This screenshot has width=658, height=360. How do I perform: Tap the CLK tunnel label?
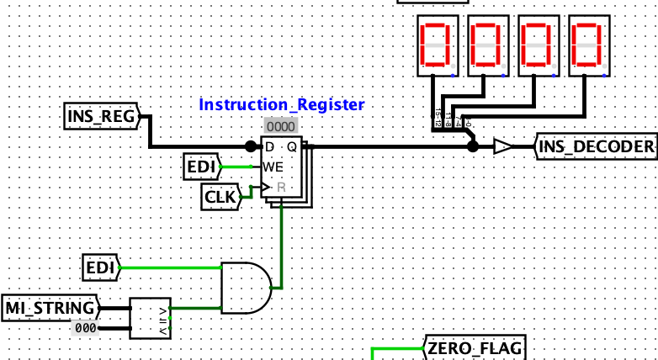(220, 198)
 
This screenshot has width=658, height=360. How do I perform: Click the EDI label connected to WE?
(200, 167)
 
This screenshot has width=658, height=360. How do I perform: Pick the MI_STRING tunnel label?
(50, 308)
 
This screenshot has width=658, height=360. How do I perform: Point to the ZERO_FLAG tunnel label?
(474, 347)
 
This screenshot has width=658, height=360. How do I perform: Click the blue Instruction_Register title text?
(281, 105)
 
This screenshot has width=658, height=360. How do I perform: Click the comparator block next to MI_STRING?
(150, 318)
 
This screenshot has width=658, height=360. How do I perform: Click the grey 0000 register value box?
(280, 125)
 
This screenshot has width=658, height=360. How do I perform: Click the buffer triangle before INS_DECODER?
(503, 147)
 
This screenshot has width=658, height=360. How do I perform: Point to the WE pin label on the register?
(273, 167)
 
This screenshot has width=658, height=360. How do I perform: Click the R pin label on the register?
(280, 187)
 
